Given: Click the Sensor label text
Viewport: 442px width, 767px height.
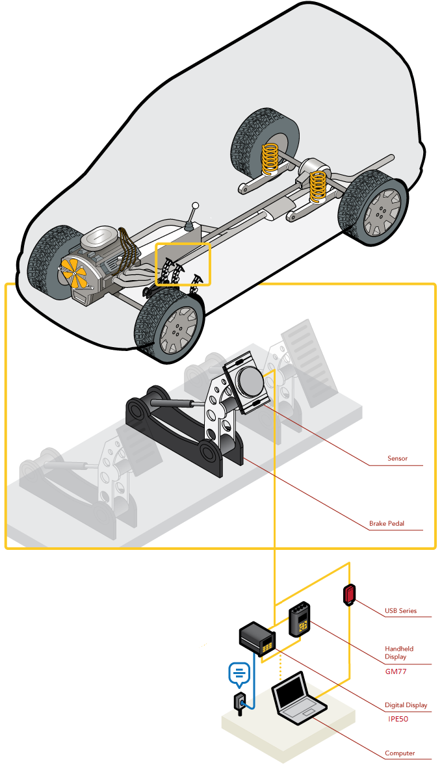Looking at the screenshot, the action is pos(397,458).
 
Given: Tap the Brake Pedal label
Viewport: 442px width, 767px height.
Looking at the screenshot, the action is pos(387,523).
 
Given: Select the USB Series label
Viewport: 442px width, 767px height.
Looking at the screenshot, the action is pos(400,610).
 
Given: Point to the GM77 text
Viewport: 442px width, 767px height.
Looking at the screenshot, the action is pos(396,671).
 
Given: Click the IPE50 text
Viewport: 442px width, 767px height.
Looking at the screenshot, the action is pos(398,719).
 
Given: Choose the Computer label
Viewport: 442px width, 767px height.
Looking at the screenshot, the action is pos(400,753).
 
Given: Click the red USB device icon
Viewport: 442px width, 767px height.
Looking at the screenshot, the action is pos(349,594).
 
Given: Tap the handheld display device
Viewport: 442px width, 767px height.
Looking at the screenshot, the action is pos(299,619).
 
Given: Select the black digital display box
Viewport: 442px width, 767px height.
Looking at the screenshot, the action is pos(257,639).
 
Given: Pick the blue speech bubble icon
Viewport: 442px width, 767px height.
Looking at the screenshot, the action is pos(240,674).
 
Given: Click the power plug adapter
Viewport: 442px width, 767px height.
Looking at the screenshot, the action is pos(240,704).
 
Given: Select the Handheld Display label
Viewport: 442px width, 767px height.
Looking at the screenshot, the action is pos(399,653).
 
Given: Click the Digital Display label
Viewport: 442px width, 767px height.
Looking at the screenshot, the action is pos(406,705).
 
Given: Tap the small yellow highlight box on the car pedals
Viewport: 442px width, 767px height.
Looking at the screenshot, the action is pos(183,264).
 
